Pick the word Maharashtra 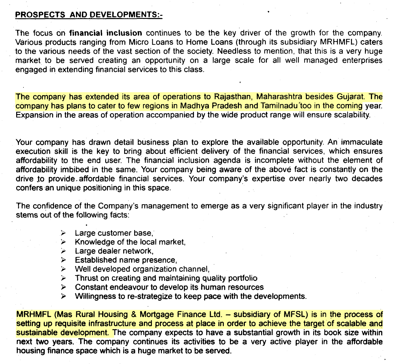(x=279, y=97)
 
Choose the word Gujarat (x=350, y=97)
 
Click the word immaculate (x=361, y=142)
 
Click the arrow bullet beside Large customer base (x=63, y=233)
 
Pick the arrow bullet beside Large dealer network (x=63, y=251)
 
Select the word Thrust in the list (x=87, y=278)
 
